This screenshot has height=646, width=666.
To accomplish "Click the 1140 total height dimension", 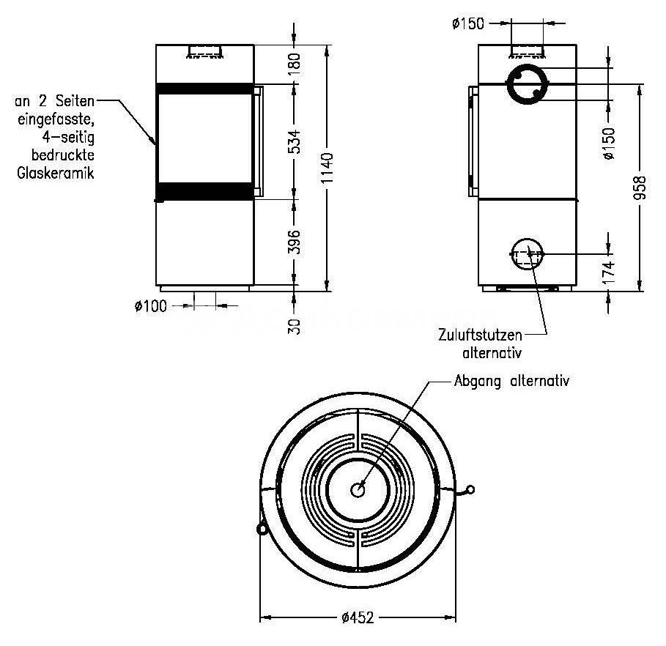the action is pos(327,168).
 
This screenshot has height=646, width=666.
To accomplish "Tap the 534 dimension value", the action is pos(294,142).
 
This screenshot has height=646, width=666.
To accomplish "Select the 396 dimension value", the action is pos(294,242).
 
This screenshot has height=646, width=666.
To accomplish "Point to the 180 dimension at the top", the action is pos(294,64).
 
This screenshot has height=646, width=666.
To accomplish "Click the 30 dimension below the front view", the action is pos(294,327).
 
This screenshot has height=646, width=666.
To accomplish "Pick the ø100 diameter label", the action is pos(151,306).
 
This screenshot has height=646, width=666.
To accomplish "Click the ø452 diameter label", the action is pos(358,617).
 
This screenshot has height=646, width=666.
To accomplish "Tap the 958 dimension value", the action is pos(640,188).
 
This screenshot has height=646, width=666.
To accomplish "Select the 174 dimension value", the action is pos(608,273).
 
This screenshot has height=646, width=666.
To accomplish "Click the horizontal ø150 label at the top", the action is pos(468,23).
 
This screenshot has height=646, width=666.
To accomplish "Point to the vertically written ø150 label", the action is pos(608,144).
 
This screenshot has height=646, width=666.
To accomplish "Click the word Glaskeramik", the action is pos(55,174).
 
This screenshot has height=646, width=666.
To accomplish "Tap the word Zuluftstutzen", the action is pos(481,335).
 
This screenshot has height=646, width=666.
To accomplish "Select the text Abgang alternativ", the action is pos(511,381).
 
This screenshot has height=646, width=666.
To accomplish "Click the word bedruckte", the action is pos(63,155).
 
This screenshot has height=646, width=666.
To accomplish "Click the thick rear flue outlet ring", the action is pos(527,66).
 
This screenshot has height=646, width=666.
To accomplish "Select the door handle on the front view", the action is pos(259,141).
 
